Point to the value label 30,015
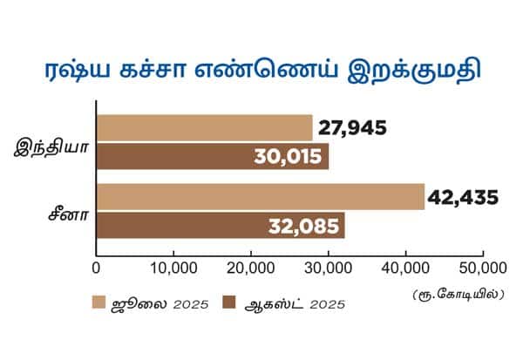click(289, 158)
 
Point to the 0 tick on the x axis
click(96, 266)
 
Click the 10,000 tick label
click(173, 266)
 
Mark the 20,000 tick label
click(250, 266)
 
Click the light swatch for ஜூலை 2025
click(99, 303)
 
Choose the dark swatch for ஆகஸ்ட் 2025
click(230, 303)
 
